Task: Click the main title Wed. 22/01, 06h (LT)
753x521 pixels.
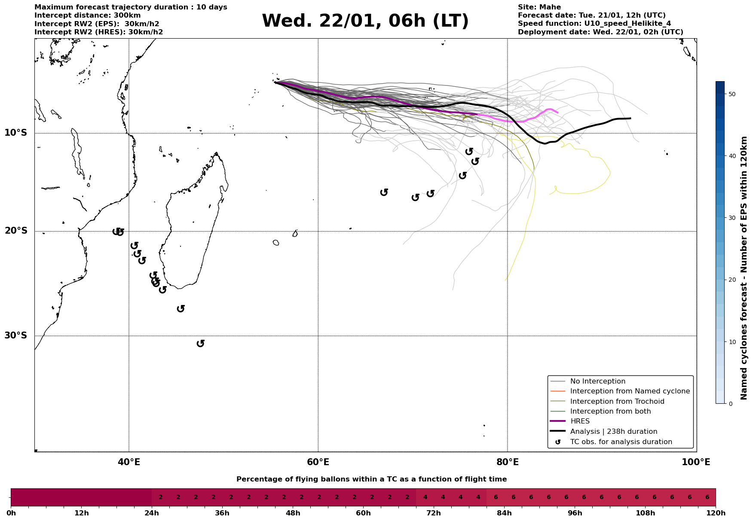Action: pos(365,21)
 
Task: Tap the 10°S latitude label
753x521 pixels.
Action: pos(16,133)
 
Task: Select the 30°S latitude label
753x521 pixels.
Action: pos(16,335)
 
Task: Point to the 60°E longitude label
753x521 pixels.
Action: pos(318,462)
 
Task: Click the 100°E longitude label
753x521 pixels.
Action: pos(696,462)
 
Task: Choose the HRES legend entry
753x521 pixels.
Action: pos(580,421)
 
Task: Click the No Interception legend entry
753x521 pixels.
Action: pos(597,381)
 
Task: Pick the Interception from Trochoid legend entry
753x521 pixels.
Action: pos(617,402)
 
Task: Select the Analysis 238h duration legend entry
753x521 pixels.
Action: pos(613,432)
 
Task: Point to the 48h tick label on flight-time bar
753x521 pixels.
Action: pos(293,513)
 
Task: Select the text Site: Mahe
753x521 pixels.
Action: pos(539,7)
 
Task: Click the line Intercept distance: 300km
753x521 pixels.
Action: pos(87,15)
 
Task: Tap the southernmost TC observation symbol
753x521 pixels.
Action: pos(200,343)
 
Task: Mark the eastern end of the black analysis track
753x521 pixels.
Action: pos(630,118)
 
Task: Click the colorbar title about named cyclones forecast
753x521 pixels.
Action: pos(744,268)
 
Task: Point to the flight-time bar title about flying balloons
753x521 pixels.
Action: pos(371,479)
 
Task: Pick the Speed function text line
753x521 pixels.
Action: pos(594,24)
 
